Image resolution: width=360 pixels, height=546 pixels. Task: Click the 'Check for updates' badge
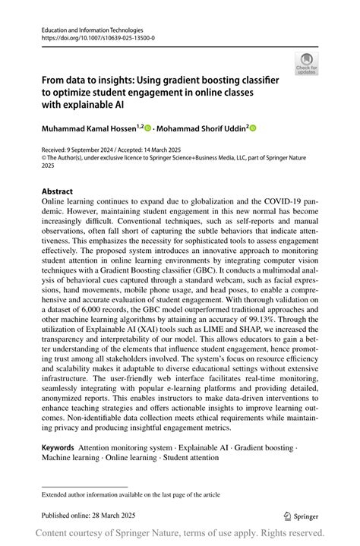tap(306, 64)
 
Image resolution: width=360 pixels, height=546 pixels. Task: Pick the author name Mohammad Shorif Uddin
tap(199, 129)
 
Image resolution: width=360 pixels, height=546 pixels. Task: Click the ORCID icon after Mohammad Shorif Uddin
tap(253, 129)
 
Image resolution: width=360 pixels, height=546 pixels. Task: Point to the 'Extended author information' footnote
tap(126, 494)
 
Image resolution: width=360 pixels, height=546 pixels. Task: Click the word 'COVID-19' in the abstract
tap(279, 202)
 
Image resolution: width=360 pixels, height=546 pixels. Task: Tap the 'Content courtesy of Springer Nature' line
tap(180, 535)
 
